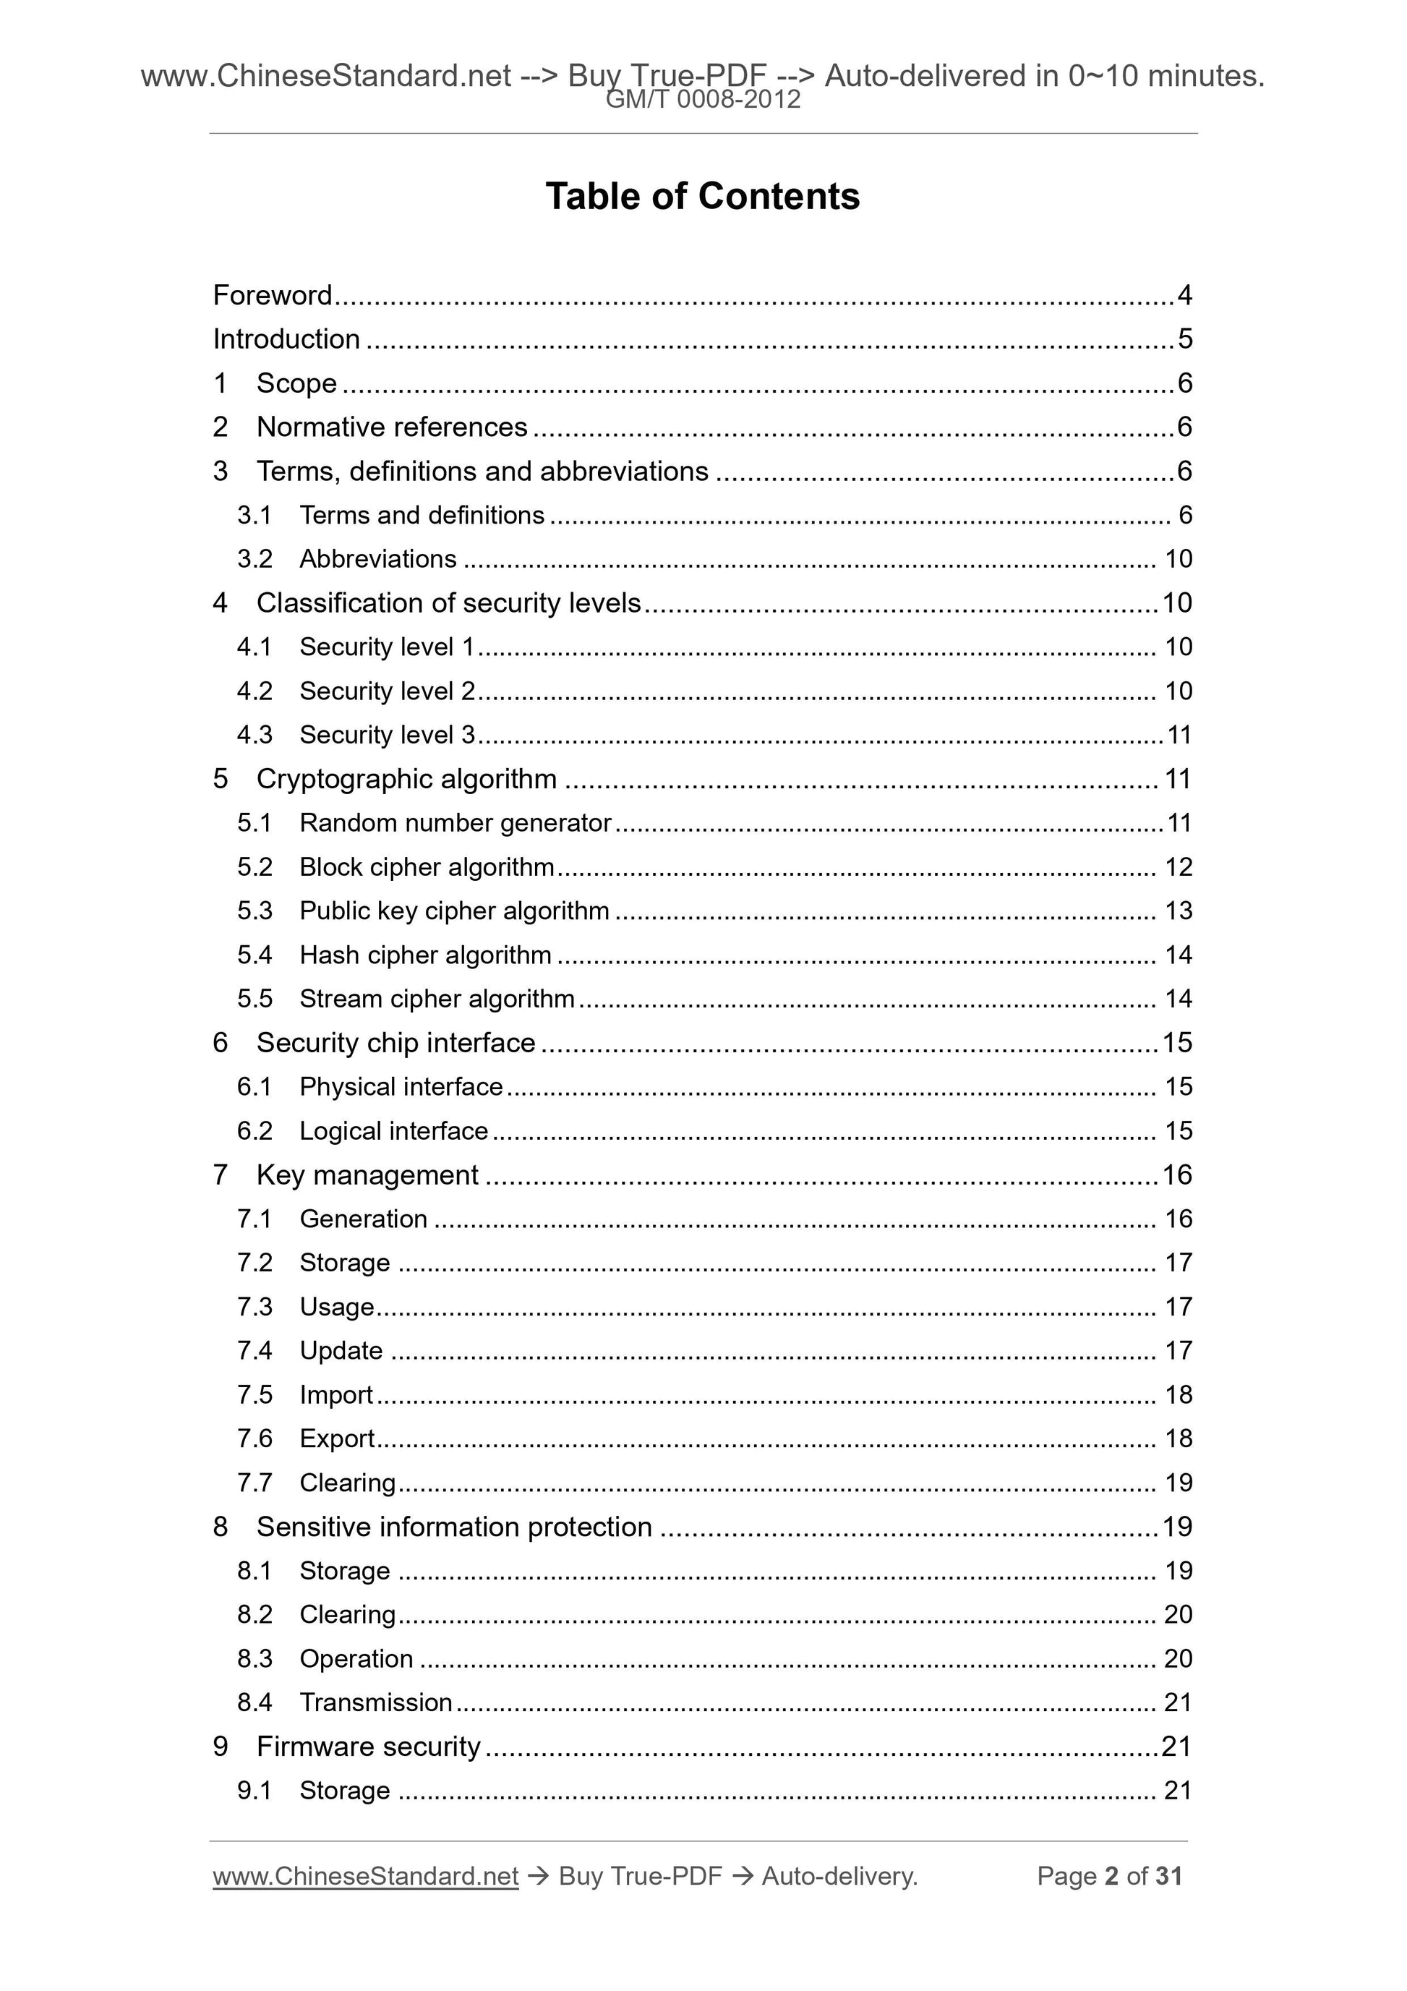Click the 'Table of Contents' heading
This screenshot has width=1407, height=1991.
click(x=702, y=197)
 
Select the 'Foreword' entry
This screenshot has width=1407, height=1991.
click(x=272, y=296)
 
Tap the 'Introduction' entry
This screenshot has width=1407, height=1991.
click(x=286, y=339)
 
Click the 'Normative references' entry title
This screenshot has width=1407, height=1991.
click(x=392, y=427)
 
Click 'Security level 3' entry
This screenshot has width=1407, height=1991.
click(x=387, y=736)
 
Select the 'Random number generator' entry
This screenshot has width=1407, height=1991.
click(x=455, y=823)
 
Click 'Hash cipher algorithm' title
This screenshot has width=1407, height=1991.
click(x=425, y=955)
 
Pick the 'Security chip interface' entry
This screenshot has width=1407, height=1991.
click(x=395, y=1042)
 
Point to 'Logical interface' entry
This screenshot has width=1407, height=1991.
click(x=393, y=1132)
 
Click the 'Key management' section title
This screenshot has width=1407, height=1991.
click(x=367, y=1175)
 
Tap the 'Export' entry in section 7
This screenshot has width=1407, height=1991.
click(x=336, y=1438)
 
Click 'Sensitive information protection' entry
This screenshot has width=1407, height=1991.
click(x=453, y=1527)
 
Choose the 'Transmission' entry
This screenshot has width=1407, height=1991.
click(x=375, y=1703)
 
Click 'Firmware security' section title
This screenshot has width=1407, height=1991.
click(x=369, y=1747)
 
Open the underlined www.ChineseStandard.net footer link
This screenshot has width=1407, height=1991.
click(x=365, y=1877)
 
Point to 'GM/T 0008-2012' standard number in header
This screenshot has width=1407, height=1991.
click(x=702, y=100)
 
